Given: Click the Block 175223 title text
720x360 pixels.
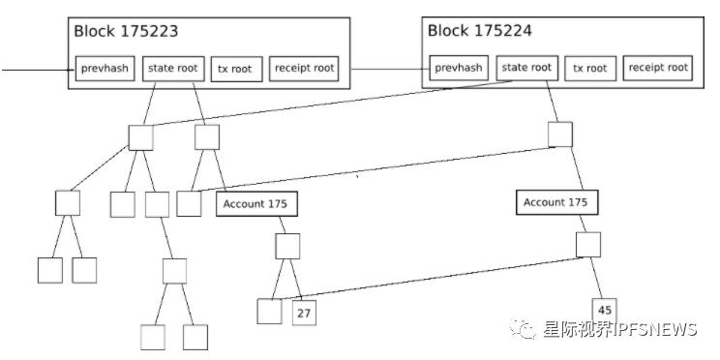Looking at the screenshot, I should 125,31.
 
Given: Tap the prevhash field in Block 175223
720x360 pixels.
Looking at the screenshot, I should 105,70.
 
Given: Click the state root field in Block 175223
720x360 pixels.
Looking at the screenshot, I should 171,70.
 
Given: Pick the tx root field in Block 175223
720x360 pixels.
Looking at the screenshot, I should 235,70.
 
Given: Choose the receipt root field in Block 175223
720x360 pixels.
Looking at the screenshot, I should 305,70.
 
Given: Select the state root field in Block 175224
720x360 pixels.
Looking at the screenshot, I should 526,68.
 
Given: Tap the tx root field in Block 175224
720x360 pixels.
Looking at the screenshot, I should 589,68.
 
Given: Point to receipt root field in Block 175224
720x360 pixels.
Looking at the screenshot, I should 659,68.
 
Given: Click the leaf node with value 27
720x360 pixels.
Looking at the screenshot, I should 305,313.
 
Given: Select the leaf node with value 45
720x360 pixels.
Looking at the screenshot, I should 605,311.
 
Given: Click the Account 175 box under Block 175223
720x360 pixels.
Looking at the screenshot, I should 256,204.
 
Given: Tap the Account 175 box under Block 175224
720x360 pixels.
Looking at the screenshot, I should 555,203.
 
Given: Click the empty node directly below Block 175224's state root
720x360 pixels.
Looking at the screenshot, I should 560,135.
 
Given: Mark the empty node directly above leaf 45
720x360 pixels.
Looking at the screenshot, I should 588,245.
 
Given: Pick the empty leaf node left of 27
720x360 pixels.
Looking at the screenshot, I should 270,312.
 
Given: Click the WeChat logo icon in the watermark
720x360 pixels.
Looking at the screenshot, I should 525,330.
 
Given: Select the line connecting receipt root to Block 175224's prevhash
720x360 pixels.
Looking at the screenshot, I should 387,70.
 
